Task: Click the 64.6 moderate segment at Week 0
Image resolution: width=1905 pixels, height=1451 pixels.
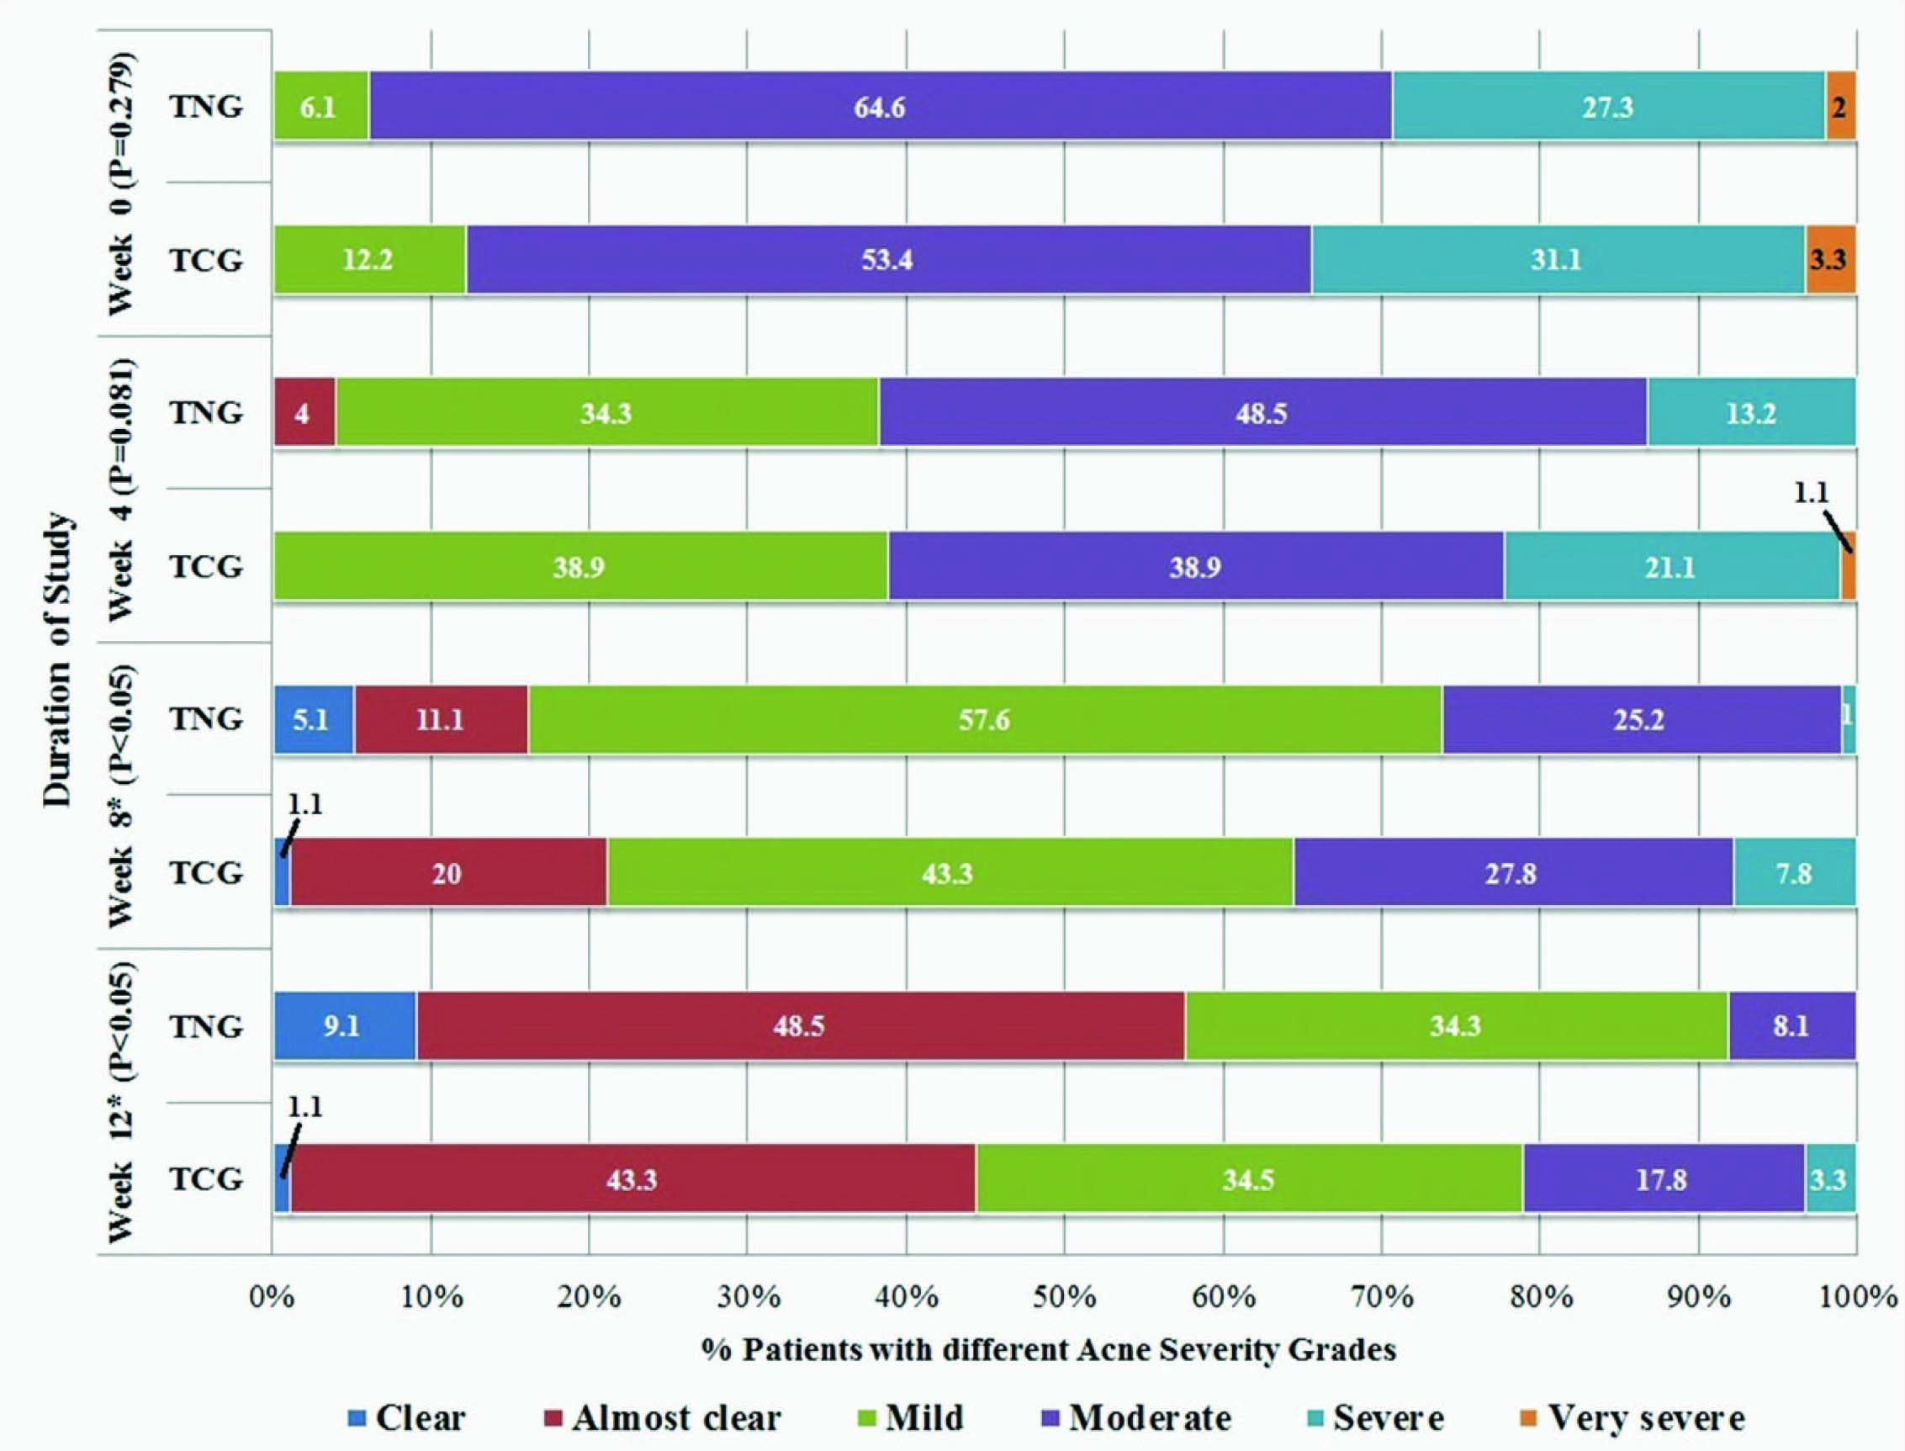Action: click(x=879, y=107)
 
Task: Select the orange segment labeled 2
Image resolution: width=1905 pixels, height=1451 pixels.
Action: click(x=1839, y=107)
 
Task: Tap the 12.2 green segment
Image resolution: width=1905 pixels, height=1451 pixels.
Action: click(x=369, y=260)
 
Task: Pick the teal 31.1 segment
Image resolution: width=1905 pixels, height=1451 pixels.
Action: click(x=1557, y=260)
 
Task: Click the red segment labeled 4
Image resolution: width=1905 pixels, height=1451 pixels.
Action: click(x=304, y=413)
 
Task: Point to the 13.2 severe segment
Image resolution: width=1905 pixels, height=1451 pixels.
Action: click(x=1750, y=413)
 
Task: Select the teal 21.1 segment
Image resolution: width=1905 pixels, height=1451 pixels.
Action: click(x=1671, y=567)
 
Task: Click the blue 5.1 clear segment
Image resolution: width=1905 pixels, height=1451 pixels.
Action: click(x=314, y=719)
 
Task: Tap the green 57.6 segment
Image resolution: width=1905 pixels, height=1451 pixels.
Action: click(x=984, y=719)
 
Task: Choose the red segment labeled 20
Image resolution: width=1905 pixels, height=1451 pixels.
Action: click(x=447, y=873)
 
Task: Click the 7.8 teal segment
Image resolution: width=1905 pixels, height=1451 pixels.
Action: click(x=1794, y=873)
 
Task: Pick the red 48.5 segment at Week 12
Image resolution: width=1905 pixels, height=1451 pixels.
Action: click(x=799, y=1026)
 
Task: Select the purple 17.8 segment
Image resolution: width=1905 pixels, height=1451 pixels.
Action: click(x=1662, y=1180)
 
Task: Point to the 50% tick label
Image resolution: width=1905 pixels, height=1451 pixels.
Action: click(x=1064, y=1297)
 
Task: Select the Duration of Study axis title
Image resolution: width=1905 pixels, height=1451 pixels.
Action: click(x=59, y=660)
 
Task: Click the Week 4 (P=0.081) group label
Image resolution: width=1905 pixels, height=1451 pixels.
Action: click(x=121, y=489)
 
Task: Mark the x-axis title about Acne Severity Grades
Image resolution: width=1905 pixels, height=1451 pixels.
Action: click(x=1048, y=1350)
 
